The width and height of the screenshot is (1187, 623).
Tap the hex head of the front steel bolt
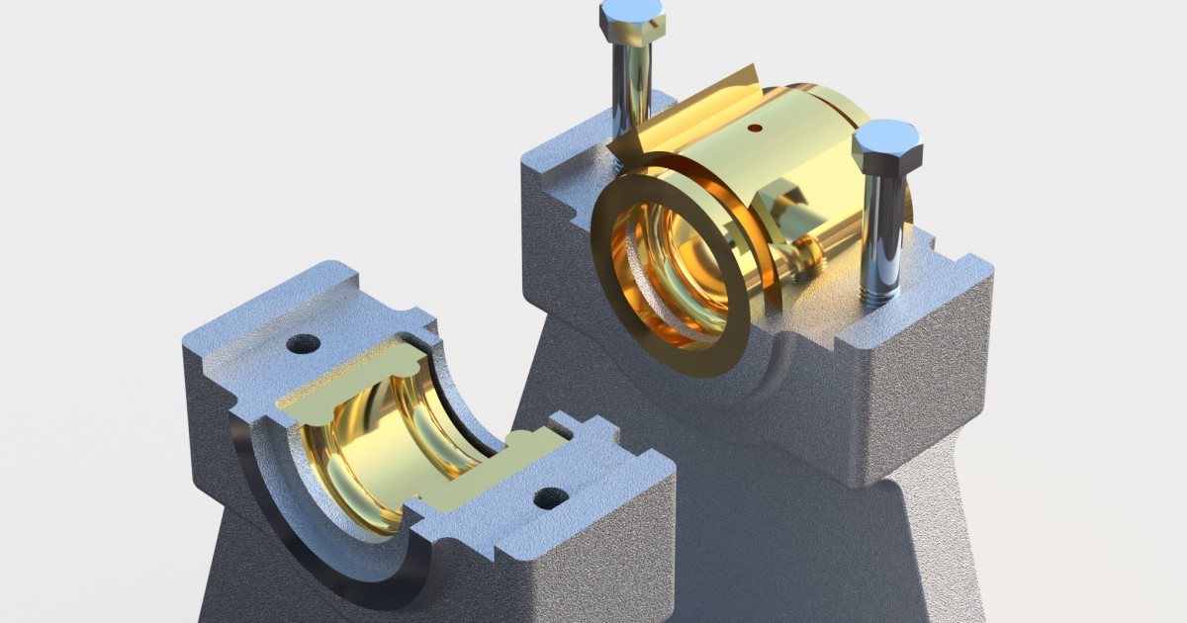click(x=886, y=146)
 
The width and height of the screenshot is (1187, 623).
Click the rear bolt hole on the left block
click(x=303, y=344)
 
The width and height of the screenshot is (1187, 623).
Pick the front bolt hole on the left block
click(x=551, y=497)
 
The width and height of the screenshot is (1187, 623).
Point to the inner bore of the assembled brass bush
click(x=673, y=277)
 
